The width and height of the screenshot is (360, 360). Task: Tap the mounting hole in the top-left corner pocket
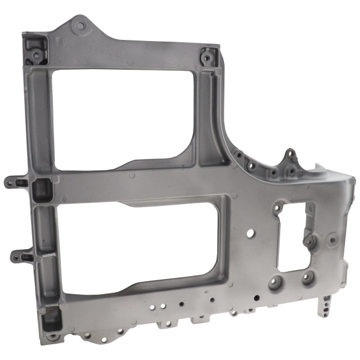coord(35,55)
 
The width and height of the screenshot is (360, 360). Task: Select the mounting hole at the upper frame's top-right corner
coord(207,57)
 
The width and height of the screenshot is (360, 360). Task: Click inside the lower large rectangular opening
coord(141,242)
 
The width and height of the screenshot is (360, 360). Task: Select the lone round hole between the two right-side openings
coord(250,231)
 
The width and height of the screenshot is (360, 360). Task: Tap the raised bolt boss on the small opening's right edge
coord(309,241)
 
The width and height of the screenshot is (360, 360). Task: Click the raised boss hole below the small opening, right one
coord(308,277)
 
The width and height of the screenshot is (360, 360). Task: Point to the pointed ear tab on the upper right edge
coord(290,154)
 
